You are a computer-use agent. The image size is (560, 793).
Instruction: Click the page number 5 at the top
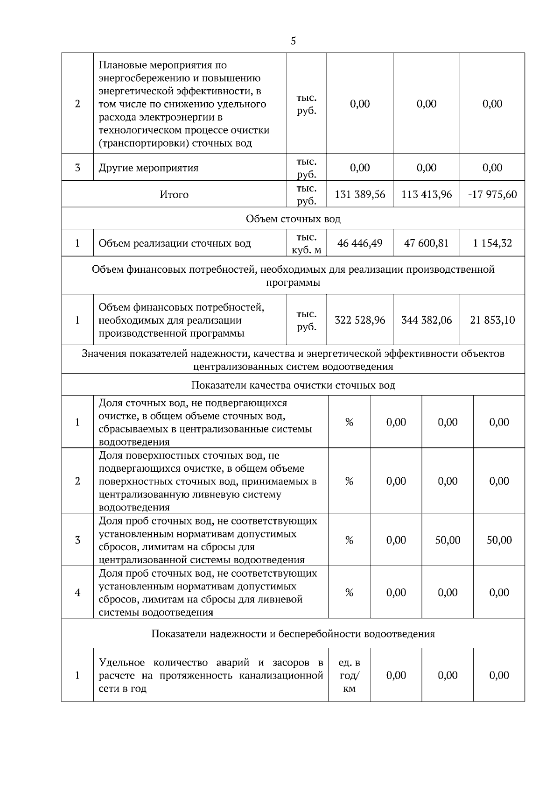[293, 41]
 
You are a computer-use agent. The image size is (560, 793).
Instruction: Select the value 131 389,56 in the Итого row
[360, 194]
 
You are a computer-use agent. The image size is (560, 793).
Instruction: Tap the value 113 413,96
[427, 194]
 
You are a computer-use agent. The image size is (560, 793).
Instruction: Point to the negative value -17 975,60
[492, 194]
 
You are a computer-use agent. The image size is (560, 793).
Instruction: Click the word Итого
[174, 195]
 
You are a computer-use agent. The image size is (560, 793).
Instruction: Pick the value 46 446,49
[360, 243]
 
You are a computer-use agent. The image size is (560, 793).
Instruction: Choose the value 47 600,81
[427, 243]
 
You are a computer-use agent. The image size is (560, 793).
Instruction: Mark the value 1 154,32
[492, 243]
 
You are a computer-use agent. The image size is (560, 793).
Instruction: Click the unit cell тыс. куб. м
[307, 243]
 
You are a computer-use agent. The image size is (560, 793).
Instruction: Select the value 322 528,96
[360, 320]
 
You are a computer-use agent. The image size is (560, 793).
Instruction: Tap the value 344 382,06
[427, 320]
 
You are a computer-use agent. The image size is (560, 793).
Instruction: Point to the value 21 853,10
[492, 320]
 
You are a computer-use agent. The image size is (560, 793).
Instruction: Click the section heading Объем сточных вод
[293, 219]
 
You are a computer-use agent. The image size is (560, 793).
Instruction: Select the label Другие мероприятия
[148, 168]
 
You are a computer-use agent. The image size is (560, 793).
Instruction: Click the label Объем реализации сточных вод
[175, 243]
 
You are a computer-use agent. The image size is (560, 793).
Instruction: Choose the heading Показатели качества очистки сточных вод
[293, 385]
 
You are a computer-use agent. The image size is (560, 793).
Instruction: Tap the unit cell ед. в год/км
[349, 675]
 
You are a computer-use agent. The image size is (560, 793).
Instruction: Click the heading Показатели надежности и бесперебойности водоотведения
[293, 634]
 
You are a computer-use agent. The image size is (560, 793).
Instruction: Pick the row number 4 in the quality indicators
[77, 593]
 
